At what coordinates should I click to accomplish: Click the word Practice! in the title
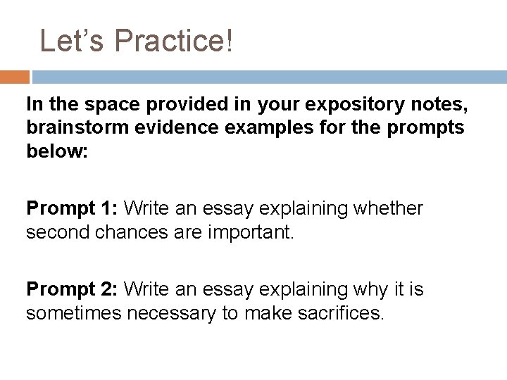[172, 42]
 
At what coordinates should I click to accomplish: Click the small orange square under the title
[15, 77]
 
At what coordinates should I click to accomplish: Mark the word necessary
[180, 312]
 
